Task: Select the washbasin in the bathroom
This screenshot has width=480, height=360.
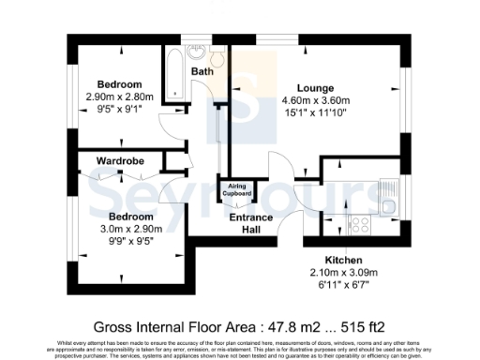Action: [198, 52]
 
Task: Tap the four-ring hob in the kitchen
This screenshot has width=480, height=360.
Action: [358, 225]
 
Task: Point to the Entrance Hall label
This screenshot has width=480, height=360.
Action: [251, 223]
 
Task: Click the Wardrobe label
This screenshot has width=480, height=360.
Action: [120, 161]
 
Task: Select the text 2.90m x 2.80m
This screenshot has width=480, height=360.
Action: [117, 95]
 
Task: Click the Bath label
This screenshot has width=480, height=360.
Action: [202, 71]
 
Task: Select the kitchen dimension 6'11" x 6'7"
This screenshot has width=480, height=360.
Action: [343, 284]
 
